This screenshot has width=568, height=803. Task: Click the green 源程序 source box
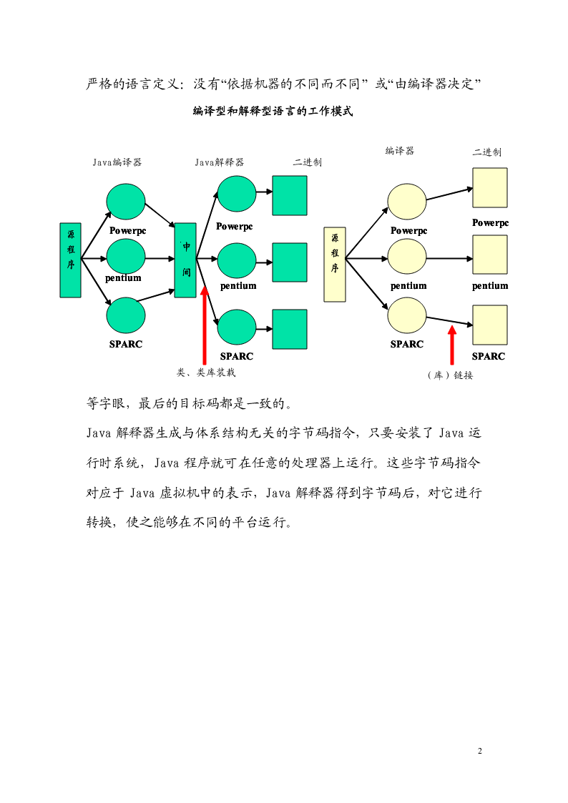pyautogui.click(x=71, y=260)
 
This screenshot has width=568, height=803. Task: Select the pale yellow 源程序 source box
pyautogui.click(x=335, y=265)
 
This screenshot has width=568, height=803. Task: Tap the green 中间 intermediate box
pyautogui.click(x=185, y=260)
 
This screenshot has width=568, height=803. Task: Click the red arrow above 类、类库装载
pyautogui.click(x=205, y=326)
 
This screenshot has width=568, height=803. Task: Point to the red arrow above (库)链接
pyautogui.click(x=451, y=345)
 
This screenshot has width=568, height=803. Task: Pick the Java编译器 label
pyautogui.click(x=117, y=162)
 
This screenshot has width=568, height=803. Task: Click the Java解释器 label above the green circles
pyautogui.click(x=219, y=162)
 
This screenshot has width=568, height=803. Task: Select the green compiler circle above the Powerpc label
pyautogui.click(x=126, y=201)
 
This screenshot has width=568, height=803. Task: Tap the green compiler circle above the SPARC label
pyautogui.click(x=126, y=315)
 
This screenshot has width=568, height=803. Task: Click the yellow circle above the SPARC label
pyautogui.click(x=407, y=316)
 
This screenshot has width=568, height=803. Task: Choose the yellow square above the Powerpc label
pyautogui.click(x=490, y=187)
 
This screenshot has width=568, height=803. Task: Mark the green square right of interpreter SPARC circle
pyautogui.click(x=290, y=330)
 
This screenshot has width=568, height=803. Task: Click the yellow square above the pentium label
pyautogui.click(x=490, y=255)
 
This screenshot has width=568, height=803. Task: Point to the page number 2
pyautogui.click(x=480, y=751)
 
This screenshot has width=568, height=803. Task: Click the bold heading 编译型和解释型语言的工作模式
pyautogui.click(x=273, y=111)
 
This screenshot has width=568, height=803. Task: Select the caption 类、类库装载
pyautogui.click(x=206, y=373)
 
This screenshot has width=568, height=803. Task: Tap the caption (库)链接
pyautogui.click(x=450, y=375)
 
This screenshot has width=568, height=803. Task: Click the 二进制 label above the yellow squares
pyautogui.click(x=487, y=152)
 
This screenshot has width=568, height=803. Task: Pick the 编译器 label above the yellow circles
pyautogui.click(x=400, y=151)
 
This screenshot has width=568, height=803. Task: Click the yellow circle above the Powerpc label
pyautogui.click(x=407, y=202)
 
